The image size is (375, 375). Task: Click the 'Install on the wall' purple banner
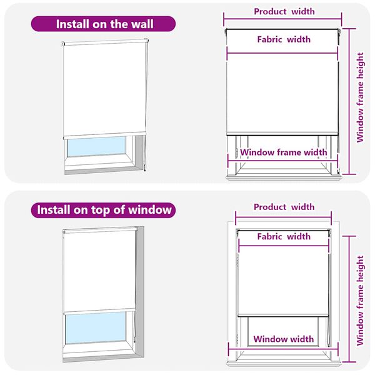103,24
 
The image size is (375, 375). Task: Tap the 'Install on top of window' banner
103,210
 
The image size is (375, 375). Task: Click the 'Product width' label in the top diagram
284,11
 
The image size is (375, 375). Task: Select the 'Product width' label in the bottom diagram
284,207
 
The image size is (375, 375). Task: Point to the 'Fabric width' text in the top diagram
283,39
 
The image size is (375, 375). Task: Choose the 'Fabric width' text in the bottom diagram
283,237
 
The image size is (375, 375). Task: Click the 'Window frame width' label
283,152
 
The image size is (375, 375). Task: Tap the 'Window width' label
283,339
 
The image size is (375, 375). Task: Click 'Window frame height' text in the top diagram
360,97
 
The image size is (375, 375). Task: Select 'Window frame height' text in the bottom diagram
360,301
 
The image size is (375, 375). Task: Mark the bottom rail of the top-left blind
105,135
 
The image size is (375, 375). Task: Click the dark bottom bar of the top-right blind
282,134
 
